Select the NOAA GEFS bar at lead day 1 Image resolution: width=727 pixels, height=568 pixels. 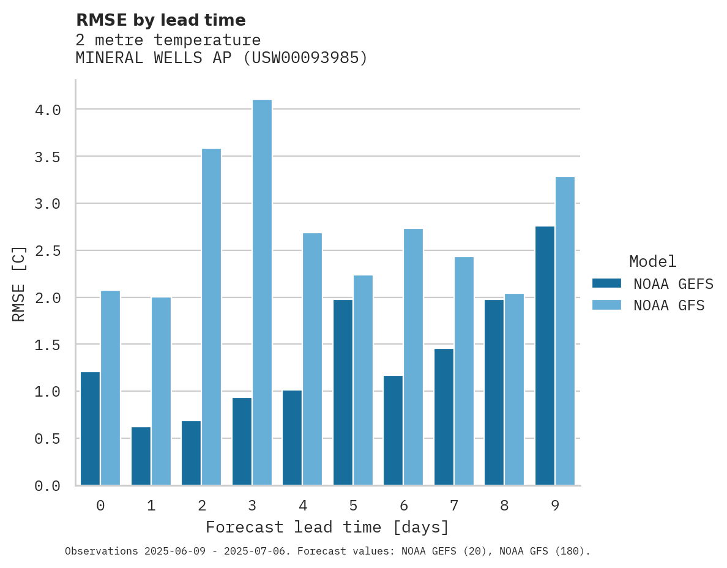pos(141,456)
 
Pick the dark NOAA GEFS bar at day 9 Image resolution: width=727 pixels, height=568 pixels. pos(545,356)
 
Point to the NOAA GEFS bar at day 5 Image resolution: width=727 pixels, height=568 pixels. pos(343,392)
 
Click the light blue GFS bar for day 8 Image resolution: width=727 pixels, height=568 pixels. pos(514,389)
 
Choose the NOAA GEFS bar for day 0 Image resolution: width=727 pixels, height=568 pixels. pos(90,428)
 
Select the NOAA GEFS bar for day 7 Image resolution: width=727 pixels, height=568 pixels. pos(444,417)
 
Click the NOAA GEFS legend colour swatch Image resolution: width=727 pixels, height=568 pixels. pos(606,283)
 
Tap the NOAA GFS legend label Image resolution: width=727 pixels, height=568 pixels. pos(669,305)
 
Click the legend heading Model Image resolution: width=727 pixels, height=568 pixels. pos(652,262)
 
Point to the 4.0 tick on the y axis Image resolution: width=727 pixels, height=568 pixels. pos(48,110)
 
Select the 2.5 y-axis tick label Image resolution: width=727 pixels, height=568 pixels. pos(48,251)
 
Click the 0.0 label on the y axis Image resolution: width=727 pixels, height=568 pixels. pos(48,486)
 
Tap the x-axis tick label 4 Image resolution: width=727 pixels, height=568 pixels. pos(302,506)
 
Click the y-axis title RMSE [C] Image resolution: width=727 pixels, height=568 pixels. pos(19,283)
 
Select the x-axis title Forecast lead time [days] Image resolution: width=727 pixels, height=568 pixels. pos(327,528)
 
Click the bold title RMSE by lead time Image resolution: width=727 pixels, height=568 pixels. pos(160,20)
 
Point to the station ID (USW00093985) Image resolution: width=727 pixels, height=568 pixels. pos(305,58)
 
